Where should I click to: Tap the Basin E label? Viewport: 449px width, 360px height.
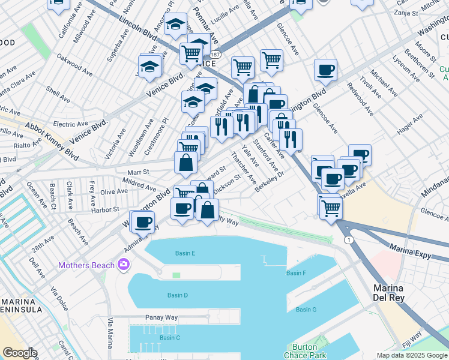pyautogui.click(x=185, y=253)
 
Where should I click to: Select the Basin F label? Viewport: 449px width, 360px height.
pyautogui.click(x=297, y=273)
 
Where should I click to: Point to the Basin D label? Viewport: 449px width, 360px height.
pyautogui.click(x=178, y=295)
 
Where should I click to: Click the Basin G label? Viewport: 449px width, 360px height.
pyautogui.click(x=306, y=310)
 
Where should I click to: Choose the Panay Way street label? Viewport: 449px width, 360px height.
pyautogui.click(x=159, y=317)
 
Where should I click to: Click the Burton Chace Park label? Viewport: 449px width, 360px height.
pyautogui.click(x=309, y=352)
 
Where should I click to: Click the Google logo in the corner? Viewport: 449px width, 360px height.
pyautogui.click(x=19, y=353)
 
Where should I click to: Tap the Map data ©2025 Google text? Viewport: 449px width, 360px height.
pyautogui.click(x=411, y=355)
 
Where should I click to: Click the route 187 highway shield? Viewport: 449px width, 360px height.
pyautogui.click(x=215, y=54)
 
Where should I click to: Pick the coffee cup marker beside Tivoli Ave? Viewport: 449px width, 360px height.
pyautogui.click(x=325, y=70)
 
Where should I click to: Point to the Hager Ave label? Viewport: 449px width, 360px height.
pyautogui.click(x=410, y=125)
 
